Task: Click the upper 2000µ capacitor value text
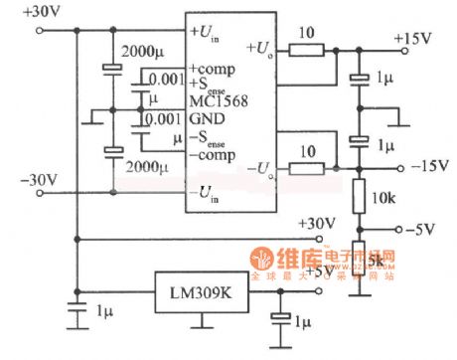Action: click(x=139, y=51)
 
